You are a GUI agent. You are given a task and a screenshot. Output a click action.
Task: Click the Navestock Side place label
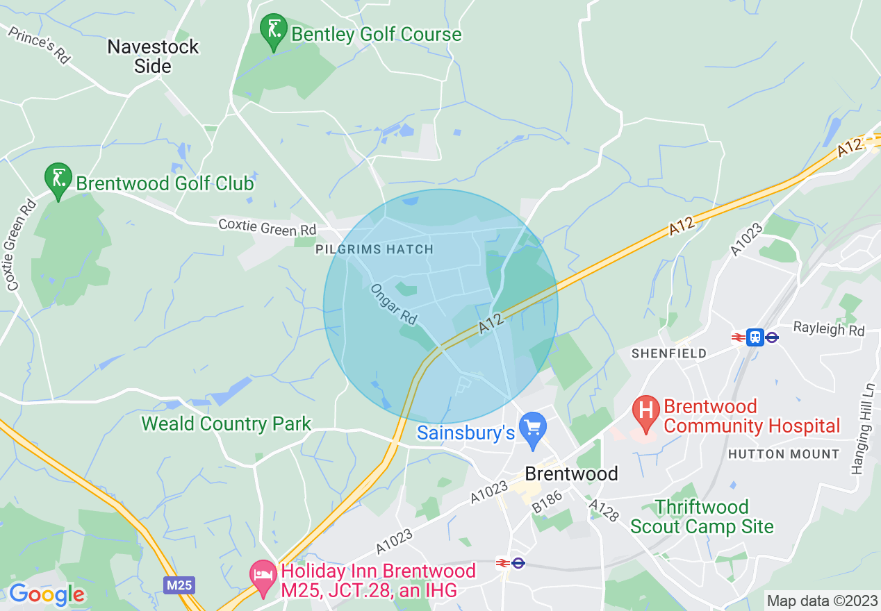click(152, 56)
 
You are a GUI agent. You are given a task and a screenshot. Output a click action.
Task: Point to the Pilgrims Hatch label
click(374, 249)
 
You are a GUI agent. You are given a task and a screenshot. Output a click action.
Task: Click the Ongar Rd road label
click(393, 304)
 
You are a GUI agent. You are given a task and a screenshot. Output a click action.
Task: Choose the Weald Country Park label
click(227, 424)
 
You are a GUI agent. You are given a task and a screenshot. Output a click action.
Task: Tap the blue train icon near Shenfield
click(755, 337)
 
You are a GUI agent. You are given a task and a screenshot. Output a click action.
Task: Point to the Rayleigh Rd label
click(829, 328)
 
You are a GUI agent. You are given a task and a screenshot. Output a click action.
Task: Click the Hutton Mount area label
click(784, 454)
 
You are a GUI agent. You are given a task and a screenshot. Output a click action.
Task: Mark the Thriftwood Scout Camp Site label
click(702, 517)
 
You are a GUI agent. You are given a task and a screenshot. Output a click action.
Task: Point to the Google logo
click(47, 594)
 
